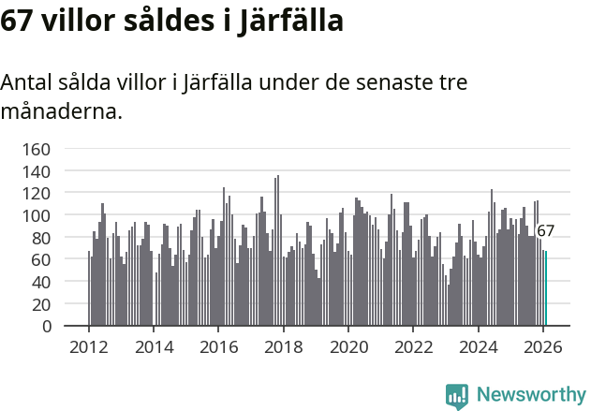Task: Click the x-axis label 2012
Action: click(89, 346)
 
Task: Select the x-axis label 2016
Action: click(218, 346)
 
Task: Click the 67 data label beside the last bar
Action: click(545, 231)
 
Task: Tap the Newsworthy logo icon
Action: click(457, 396)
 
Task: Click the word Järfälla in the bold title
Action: click(291, 21)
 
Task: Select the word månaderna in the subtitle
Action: click(61, 112)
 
